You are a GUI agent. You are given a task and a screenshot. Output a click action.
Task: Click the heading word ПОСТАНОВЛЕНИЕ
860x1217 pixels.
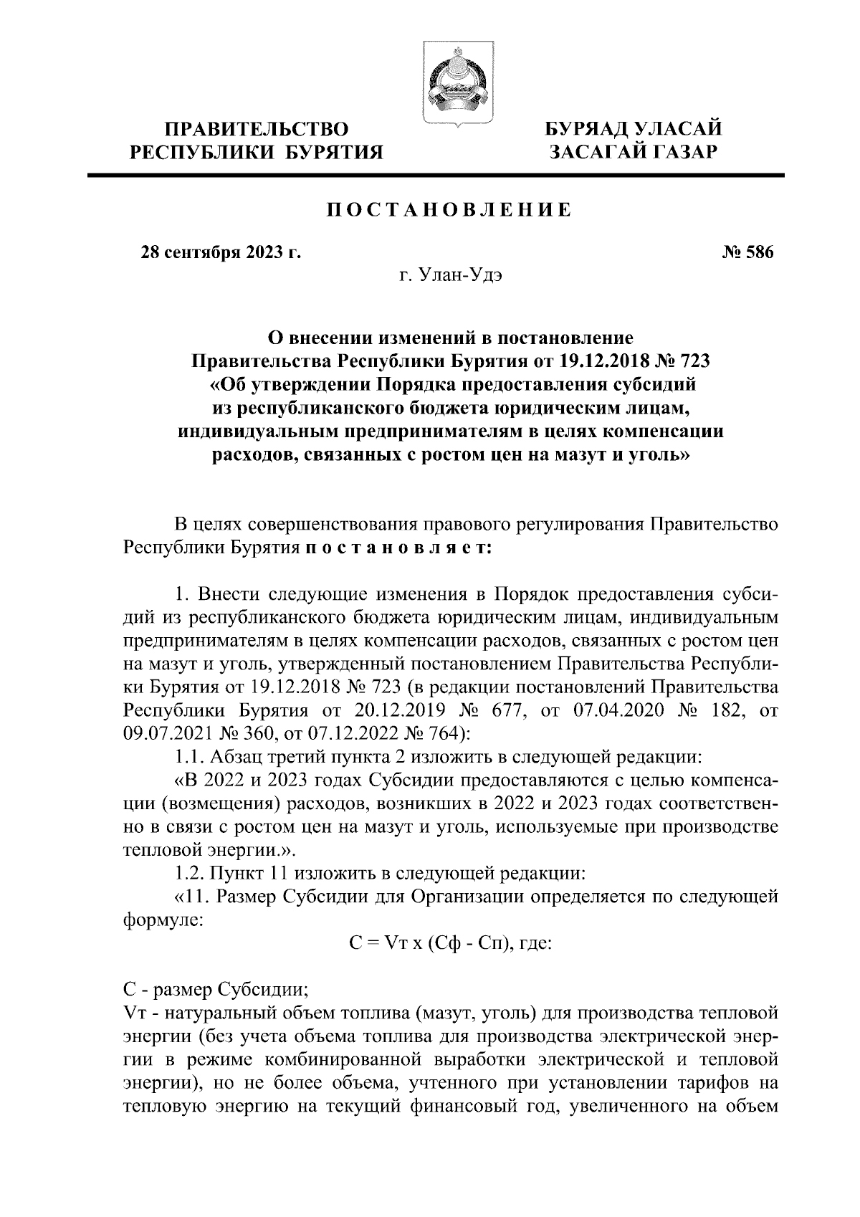(449, 210)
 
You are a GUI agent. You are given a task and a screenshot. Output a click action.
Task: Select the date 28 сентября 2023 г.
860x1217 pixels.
(219, 253)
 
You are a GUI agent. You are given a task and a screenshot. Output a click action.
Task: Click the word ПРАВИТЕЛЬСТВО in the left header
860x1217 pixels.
(257, 130)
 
